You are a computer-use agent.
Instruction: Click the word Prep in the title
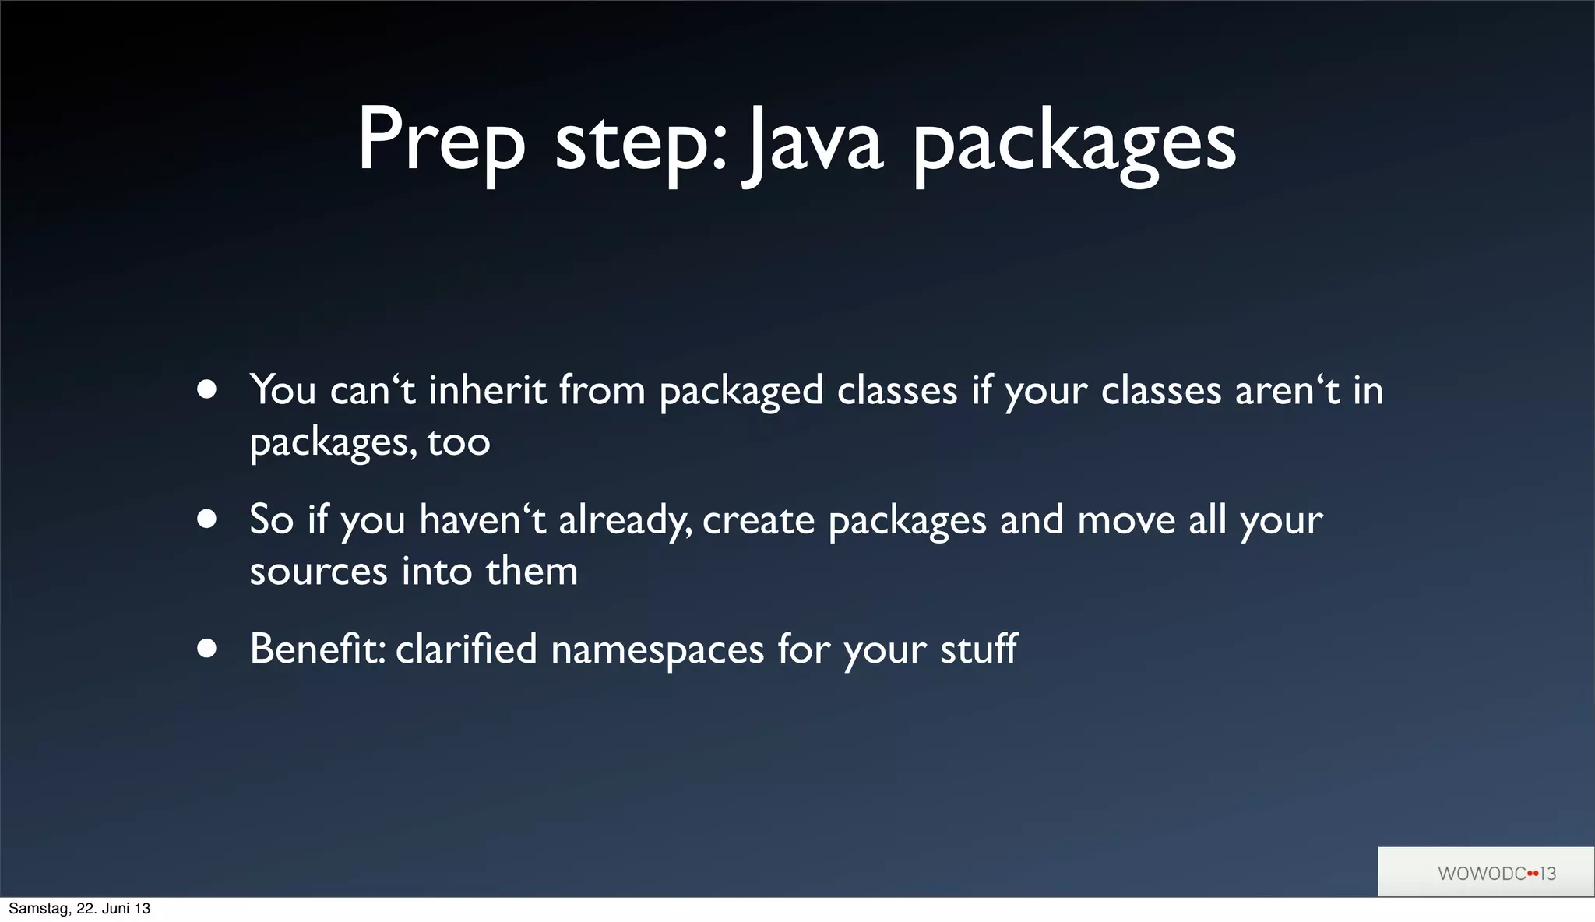pos(441,143)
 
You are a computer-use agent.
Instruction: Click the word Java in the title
pos(813,143)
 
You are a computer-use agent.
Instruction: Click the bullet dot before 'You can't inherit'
pos(206,389)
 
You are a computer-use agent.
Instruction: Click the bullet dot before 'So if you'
pos(206,519)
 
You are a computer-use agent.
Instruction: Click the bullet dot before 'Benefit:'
pos(206,648)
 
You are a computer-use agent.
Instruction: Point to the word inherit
pos(487,389)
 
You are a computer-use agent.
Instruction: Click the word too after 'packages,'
pos(458,442)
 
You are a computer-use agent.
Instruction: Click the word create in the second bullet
pos(758,520)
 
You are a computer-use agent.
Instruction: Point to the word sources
pos(318,572)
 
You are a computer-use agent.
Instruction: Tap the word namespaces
pos(657,649)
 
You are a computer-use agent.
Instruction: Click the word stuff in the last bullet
pos(978,648)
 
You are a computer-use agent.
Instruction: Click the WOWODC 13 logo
pos(1495,873)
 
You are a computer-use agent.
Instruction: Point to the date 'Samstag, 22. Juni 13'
pos(79,908)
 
